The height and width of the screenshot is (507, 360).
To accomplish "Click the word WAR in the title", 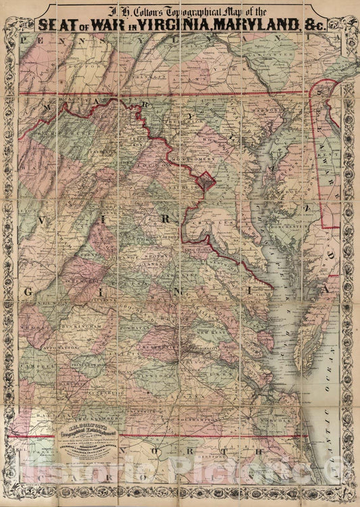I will (x=111, y=24).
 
